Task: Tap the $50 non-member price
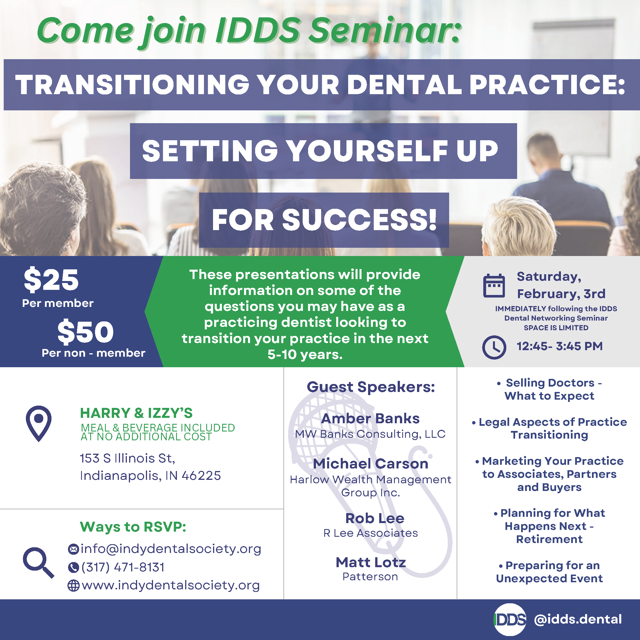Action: (x=85, y=332)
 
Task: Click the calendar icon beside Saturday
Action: (x=494, y=286)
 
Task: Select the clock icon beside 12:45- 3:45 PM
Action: (x=494, y=347)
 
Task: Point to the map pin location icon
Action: (x=39, y=423)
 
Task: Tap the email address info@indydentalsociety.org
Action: (x=171, y=549)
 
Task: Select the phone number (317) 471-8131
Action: (x=123, y=567)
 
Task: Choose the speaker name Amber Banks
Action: (x=370, y=419)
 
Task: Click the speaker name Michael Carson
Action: (x=370, y=464)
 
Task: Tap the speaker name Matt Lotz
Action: (x=371, y=562)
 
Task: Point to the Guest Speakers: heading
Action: (x=370, y=387)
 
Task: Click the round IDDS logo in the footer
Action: (x=510, y=620)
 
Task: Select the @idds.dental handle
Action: (x=578, y=619)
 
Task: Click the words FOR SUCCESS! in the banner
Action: (x=324, y=220)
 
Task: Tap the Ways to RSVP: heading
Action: (x=133, y=527)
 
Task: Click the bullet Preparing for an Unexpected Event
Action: (x=549, y=572)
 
